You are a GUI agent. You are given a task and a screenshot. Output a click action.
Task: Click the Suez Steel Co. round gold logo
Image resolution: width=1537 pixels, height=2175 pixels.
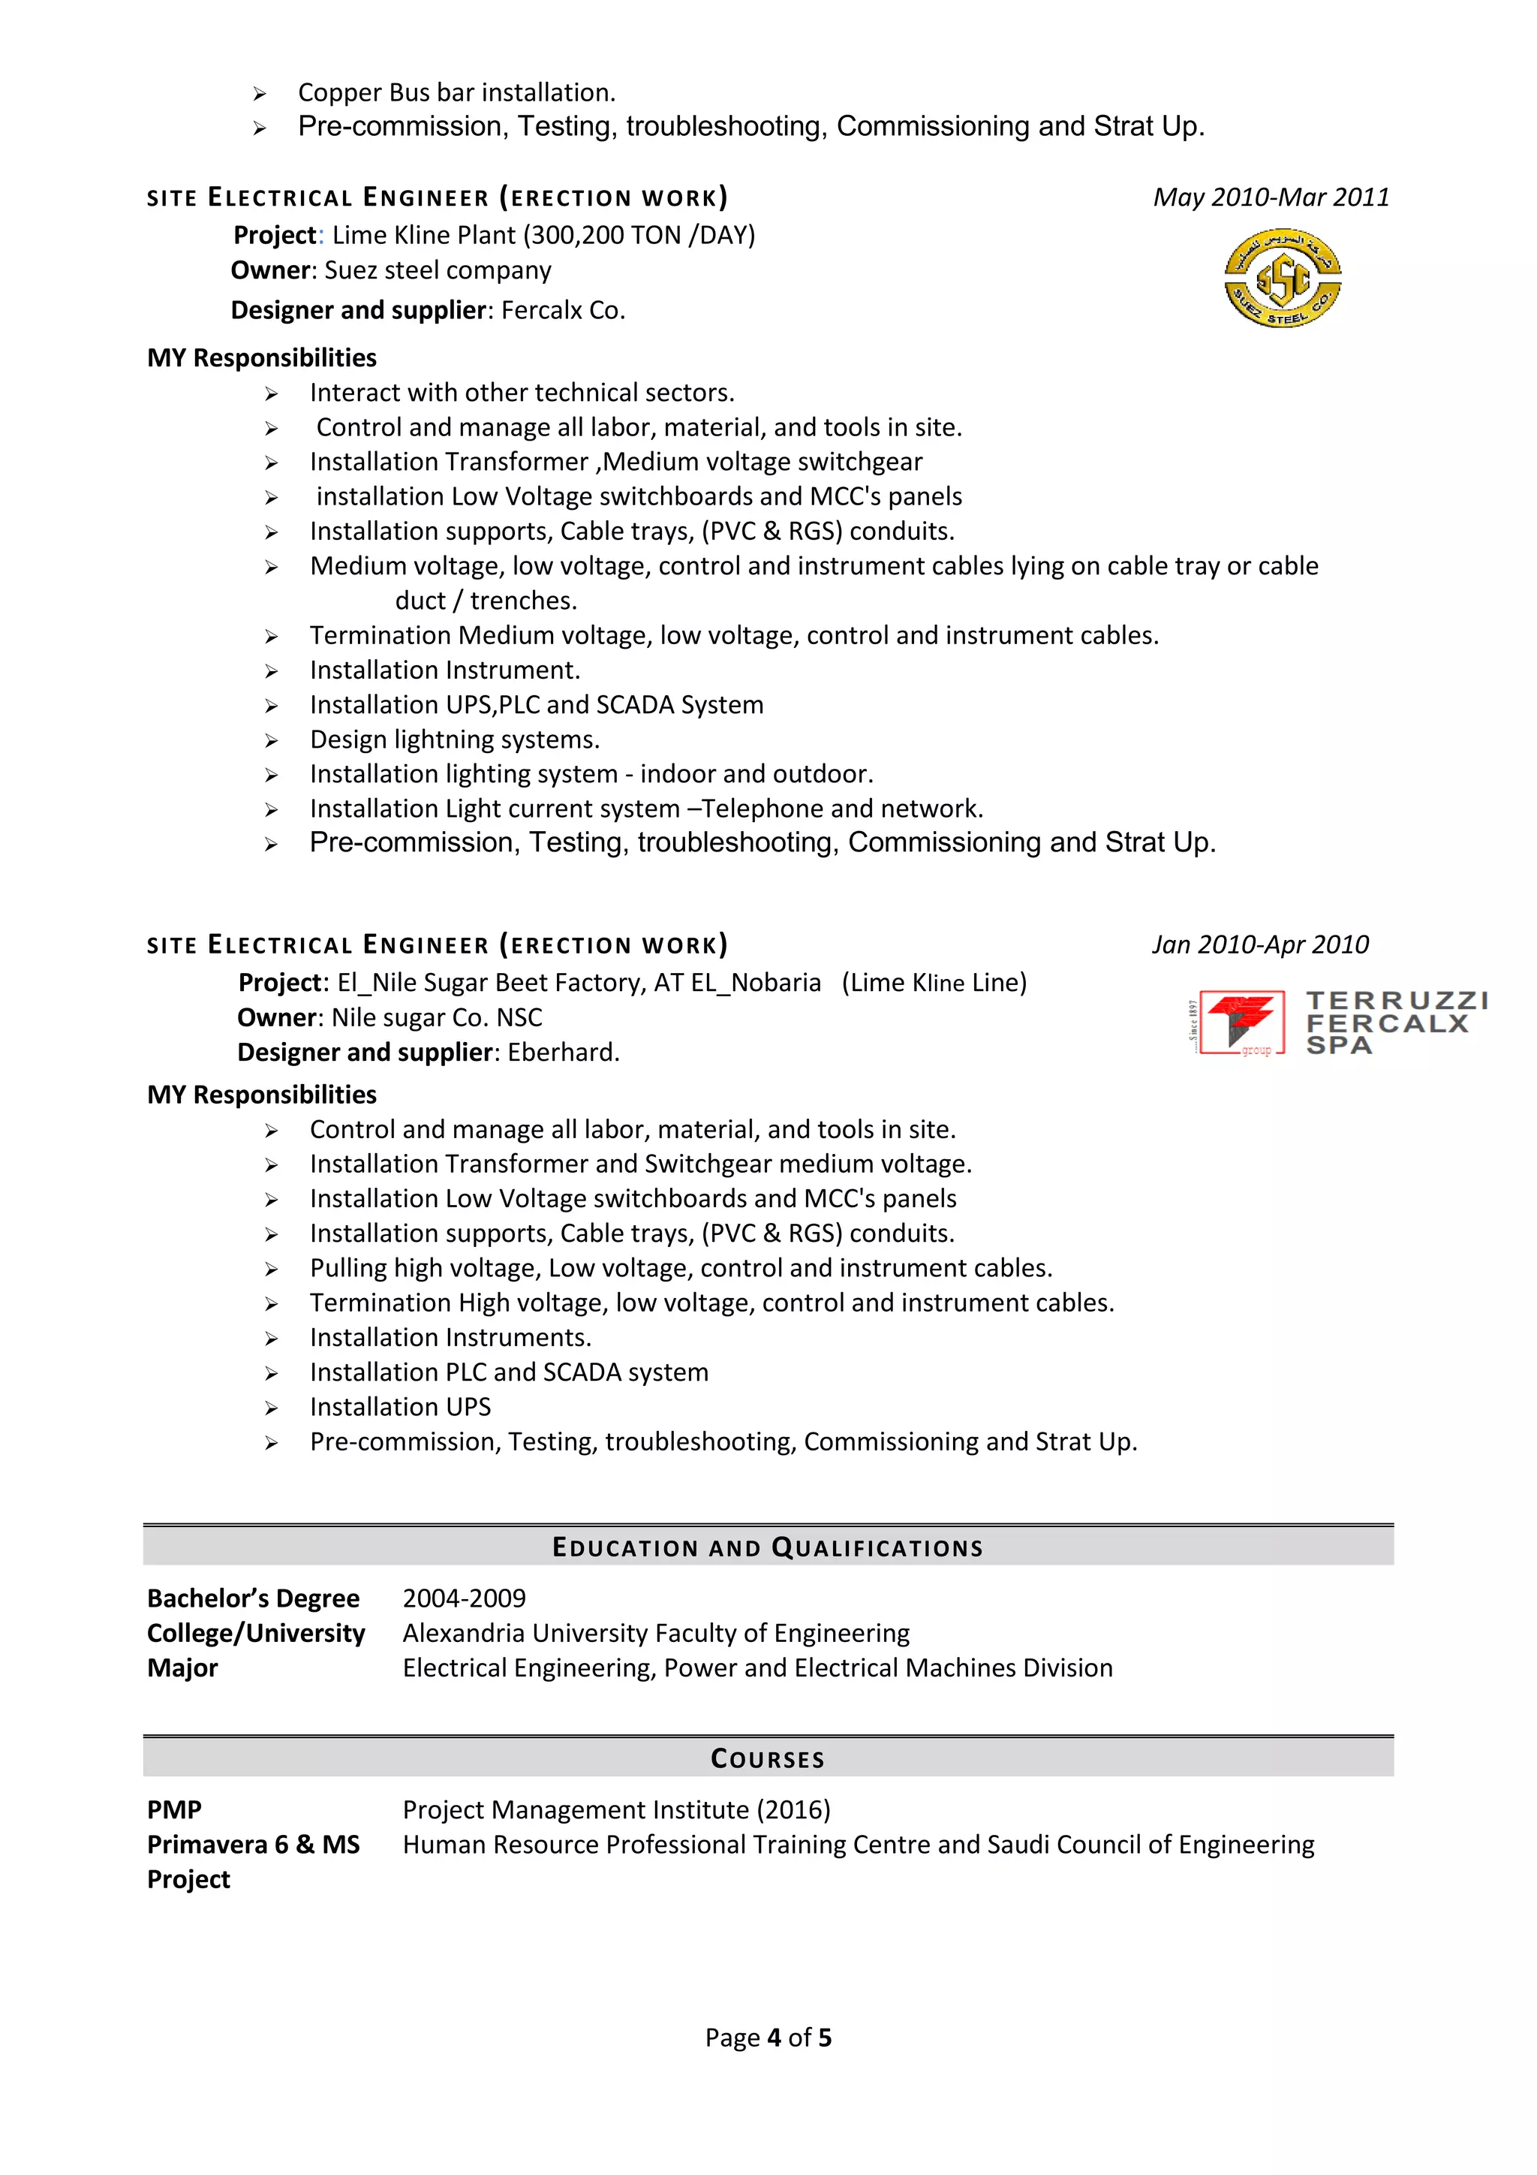(x=1283, y=278)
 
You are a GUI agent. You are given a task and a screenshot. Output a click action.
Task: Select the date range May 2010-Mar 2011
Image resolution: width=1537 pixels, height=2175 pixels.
(x=1271, y=197)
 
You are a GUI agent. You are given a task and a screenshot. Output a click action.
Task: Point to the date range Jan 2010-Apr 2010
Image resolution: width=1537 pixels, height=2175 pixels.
(x=1259, y=944)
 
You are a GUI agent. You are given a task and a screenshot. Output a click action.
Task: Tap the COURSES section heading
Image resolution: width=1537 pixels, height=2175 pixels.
(x=768, y=1758)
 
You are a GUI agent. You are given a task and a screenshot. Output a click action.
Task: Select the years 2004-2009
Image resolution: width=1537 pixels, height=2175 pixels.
(x=464, y=1598)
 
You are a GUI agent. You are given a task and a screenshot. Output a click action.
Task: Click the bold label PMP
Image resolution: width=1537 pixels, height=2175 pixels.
(x=174, y=1809)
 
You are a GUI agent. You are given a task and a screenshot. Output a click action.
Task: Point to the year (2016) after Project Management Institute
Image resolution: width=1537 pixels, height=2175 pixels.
(x=793, y=1809)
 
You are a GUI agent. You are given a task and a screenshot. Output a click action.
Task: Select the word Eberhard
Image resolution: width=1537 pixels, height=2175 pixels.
(x=563, y=1052)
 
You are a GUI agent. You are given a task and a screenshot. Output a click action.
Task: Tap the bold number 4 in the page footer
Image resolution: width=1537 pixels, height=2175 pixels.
(x=774, y=2038)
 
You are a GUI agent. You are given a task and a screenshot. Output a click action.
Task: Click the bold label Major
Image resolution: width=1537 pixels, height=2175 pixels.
(x=183, y=1667)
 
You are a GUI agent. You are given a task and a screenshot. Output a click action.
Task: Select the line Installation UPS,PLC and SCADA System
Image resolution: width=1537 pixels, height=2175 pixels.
(x=536, y=705)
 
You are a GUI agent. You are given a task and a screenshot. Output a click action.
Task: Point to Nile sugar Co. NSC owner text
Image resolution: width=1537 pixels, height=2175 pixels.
(x=437, y=1017)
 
